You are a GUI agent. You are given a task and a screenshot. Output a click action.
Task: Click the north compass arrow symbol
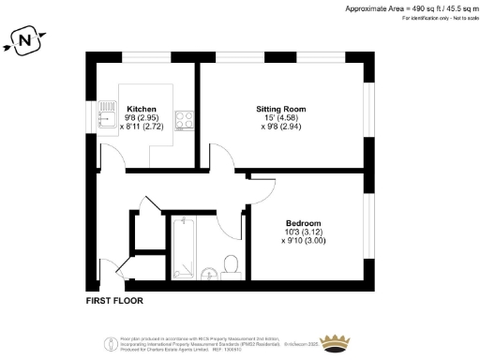[25, 40]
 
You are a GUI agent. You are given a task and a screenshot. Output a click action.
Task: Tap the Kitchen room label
[141, 109]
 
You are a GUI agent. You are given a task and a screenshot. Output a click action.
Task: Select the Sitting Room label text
[280, 109]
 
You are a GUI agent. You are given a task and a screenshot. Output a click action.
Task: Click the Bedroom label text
[304, 222]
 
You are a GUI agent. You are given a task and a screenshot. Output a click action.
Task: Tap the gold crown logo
[334, 340]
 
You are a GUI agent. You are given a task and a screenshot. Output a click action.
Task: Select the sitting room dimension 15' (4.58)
[280, 118]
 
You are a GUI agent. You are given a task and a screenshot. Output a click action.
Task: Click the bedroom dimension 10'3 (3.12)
[304, 232]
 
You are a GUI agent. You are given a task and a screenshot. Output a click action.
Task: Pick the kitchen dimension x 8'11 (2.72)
[141, 127]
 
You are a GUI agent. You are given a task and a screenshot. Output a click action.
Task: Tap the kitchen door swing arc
[114, 161]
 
